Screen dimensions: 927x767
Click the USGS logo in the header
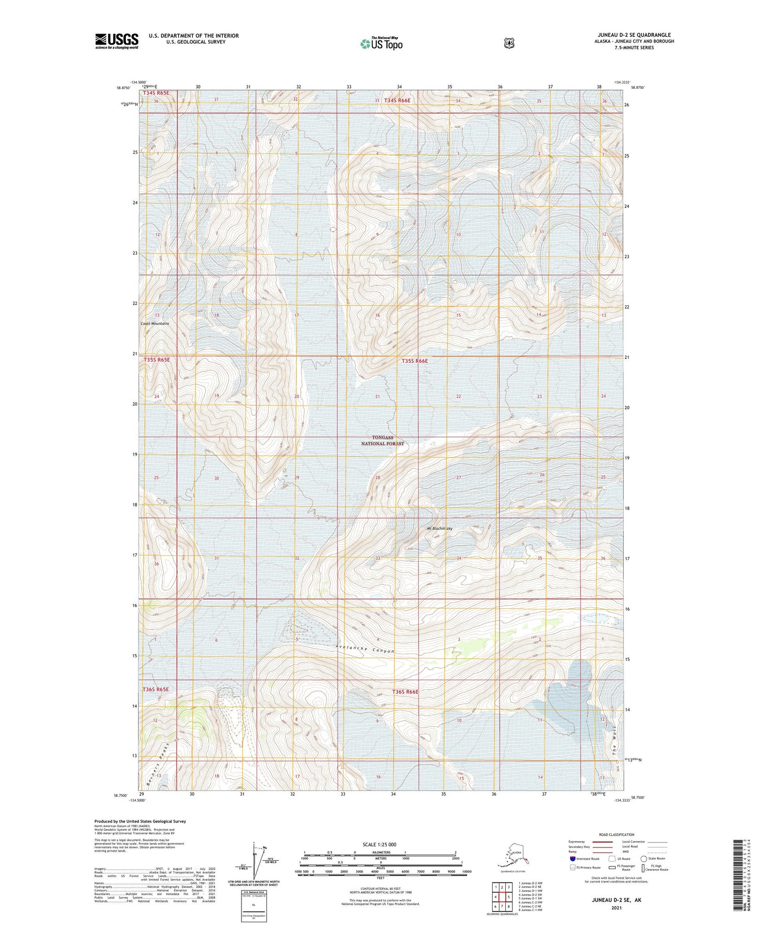pos(117,41)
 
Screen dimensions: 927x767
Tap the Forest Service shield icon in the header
pos(509,43)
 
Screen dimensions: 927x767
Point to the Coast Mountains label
pos(155,323)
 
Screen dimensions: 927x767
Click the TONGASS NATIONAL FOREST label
pos(383,441)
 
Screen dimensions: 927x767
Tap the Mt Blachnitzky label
pos(439,528)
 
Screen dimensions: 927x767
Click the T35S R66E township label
pos(415,361)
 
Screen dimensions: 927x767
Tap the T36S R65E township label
pos(156,690)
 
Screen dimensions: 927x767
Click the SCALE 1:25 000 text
pos(379,844)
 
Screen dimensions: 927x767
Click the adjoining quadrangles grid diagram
pos(502,896)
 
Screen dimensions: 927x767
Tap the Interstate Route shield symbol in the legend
pos(573,859)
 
